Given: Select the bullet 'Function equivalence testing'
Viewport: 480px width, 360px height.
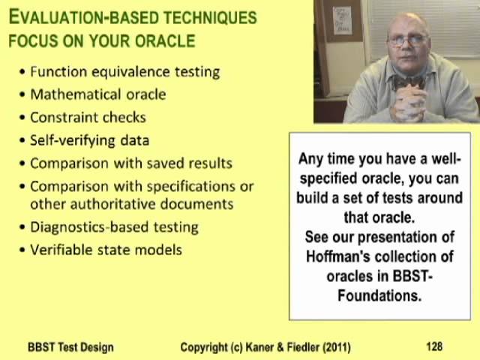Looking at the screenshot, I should tap(124, 72).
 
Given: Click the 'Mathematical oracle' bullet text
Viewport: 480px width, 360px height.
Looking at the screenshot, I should tap(97, 94).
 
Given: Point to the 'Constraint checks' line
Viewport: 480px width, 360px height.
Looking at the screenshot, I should tap(88, 117).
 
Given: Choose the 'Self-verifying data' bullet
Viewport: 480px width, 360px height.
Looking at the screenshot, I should tap(89, 139).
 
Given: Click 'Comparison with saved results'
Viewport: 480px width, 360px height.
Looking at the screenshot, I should tap(131, 163).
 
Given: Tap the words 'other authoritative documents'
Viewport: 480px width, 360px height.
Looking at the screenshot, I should tap(131, 203).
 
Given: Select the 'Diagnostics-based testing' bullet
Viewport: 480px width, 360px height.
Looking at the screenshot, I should tap(114, 226).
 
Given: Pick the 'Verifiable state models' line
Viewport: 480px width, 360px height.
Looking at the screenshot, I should tap(106, 249).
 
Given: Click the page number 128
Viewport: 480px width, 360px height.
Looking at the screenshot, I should tap(433, 346).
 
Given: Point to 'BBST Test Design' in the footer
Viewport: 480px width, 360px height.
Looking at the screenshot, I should tap(70, 346).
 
